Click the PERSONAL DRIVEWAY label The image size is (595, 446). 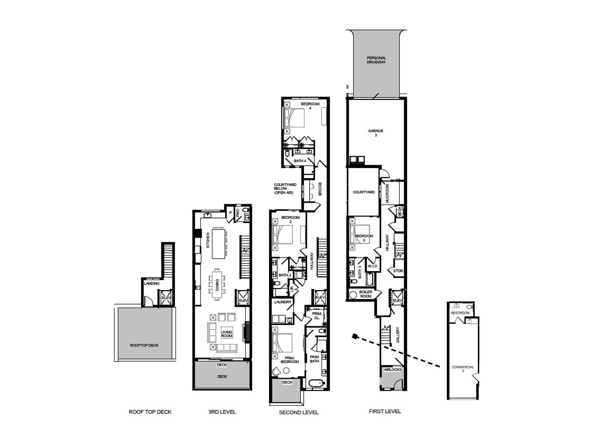[376, 60]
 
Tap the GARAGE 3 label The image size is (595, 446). [375, 133]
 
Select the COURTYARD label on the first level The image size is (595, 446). [364, 192]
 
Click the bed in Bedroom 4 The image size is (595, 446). [294, 118]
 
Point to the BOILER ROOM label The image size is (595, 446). [366, 294]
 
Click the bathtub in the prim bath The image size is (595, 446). [317, 383]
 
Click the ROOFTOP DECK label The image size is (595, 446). [144, 345]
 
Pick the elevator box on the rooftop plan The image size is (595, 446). [166, 298]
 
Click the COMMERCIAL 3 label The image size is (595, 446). [463, 369]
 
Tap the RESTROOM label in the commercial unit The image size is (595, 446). [460, 313]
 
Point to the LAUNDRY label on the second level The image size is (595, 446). [283, 302]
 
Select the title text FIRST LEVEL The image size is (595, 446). [385, 411]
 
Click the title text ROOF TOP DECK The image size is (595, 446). [150, 412]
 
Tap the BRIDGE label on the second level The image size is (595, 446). [320, 189]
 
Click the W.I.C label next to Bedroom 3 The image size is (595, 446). [372, 266]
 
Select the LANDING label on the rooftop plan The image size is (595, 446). [152, 283]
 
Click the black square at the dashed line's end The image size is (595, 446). [355, 337]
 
